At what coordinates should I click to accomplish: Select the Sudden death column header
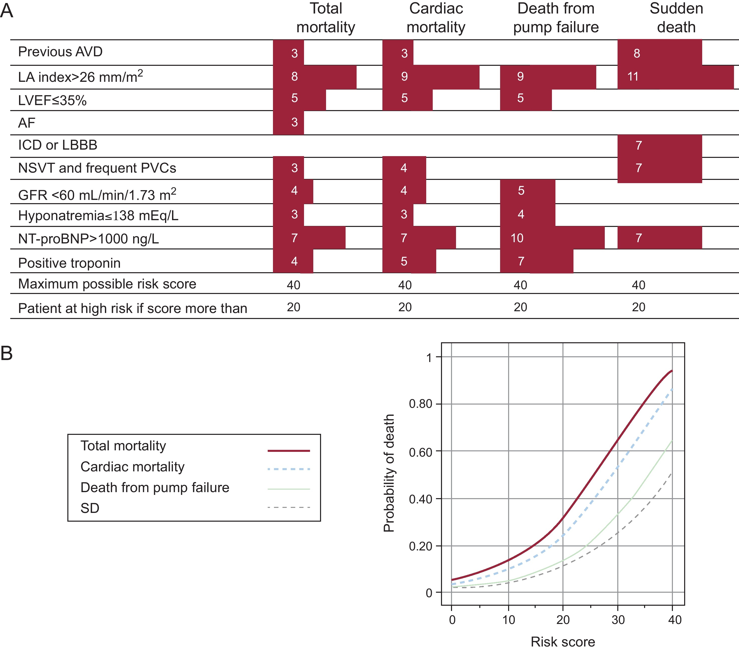coord(676,18)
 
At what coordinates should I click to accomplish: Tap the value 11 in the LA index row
coord(633,77)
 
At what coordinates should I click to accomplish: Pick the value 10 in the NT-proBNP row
coord(517,238)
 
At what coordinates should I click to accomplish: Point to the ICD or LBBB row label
coord(58,145)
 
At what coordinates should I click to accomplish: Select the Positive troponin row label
coord(69,263)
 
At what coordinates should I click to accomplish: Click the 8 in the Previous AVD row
coord(637,54)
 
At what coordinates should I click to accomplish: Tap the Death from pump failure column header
coord(556,18)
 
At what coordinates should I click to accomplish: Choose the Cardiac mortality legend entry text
coord(132,467)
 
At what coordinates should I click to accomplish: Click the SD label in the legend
coord(90,508)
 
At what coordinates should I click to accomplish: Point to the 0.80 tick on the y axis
coord(420,404)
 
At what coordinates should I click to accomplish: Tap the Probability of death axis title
coord(389,473)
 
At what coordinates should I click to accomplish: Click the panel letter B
coord(7,353)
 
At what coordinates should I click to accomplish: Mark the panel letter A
coord(7,11)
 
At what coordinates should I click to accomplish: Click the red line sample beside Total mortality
coord(288,451)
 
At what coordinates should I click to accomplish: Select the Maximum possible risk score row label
coord(107,284)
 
